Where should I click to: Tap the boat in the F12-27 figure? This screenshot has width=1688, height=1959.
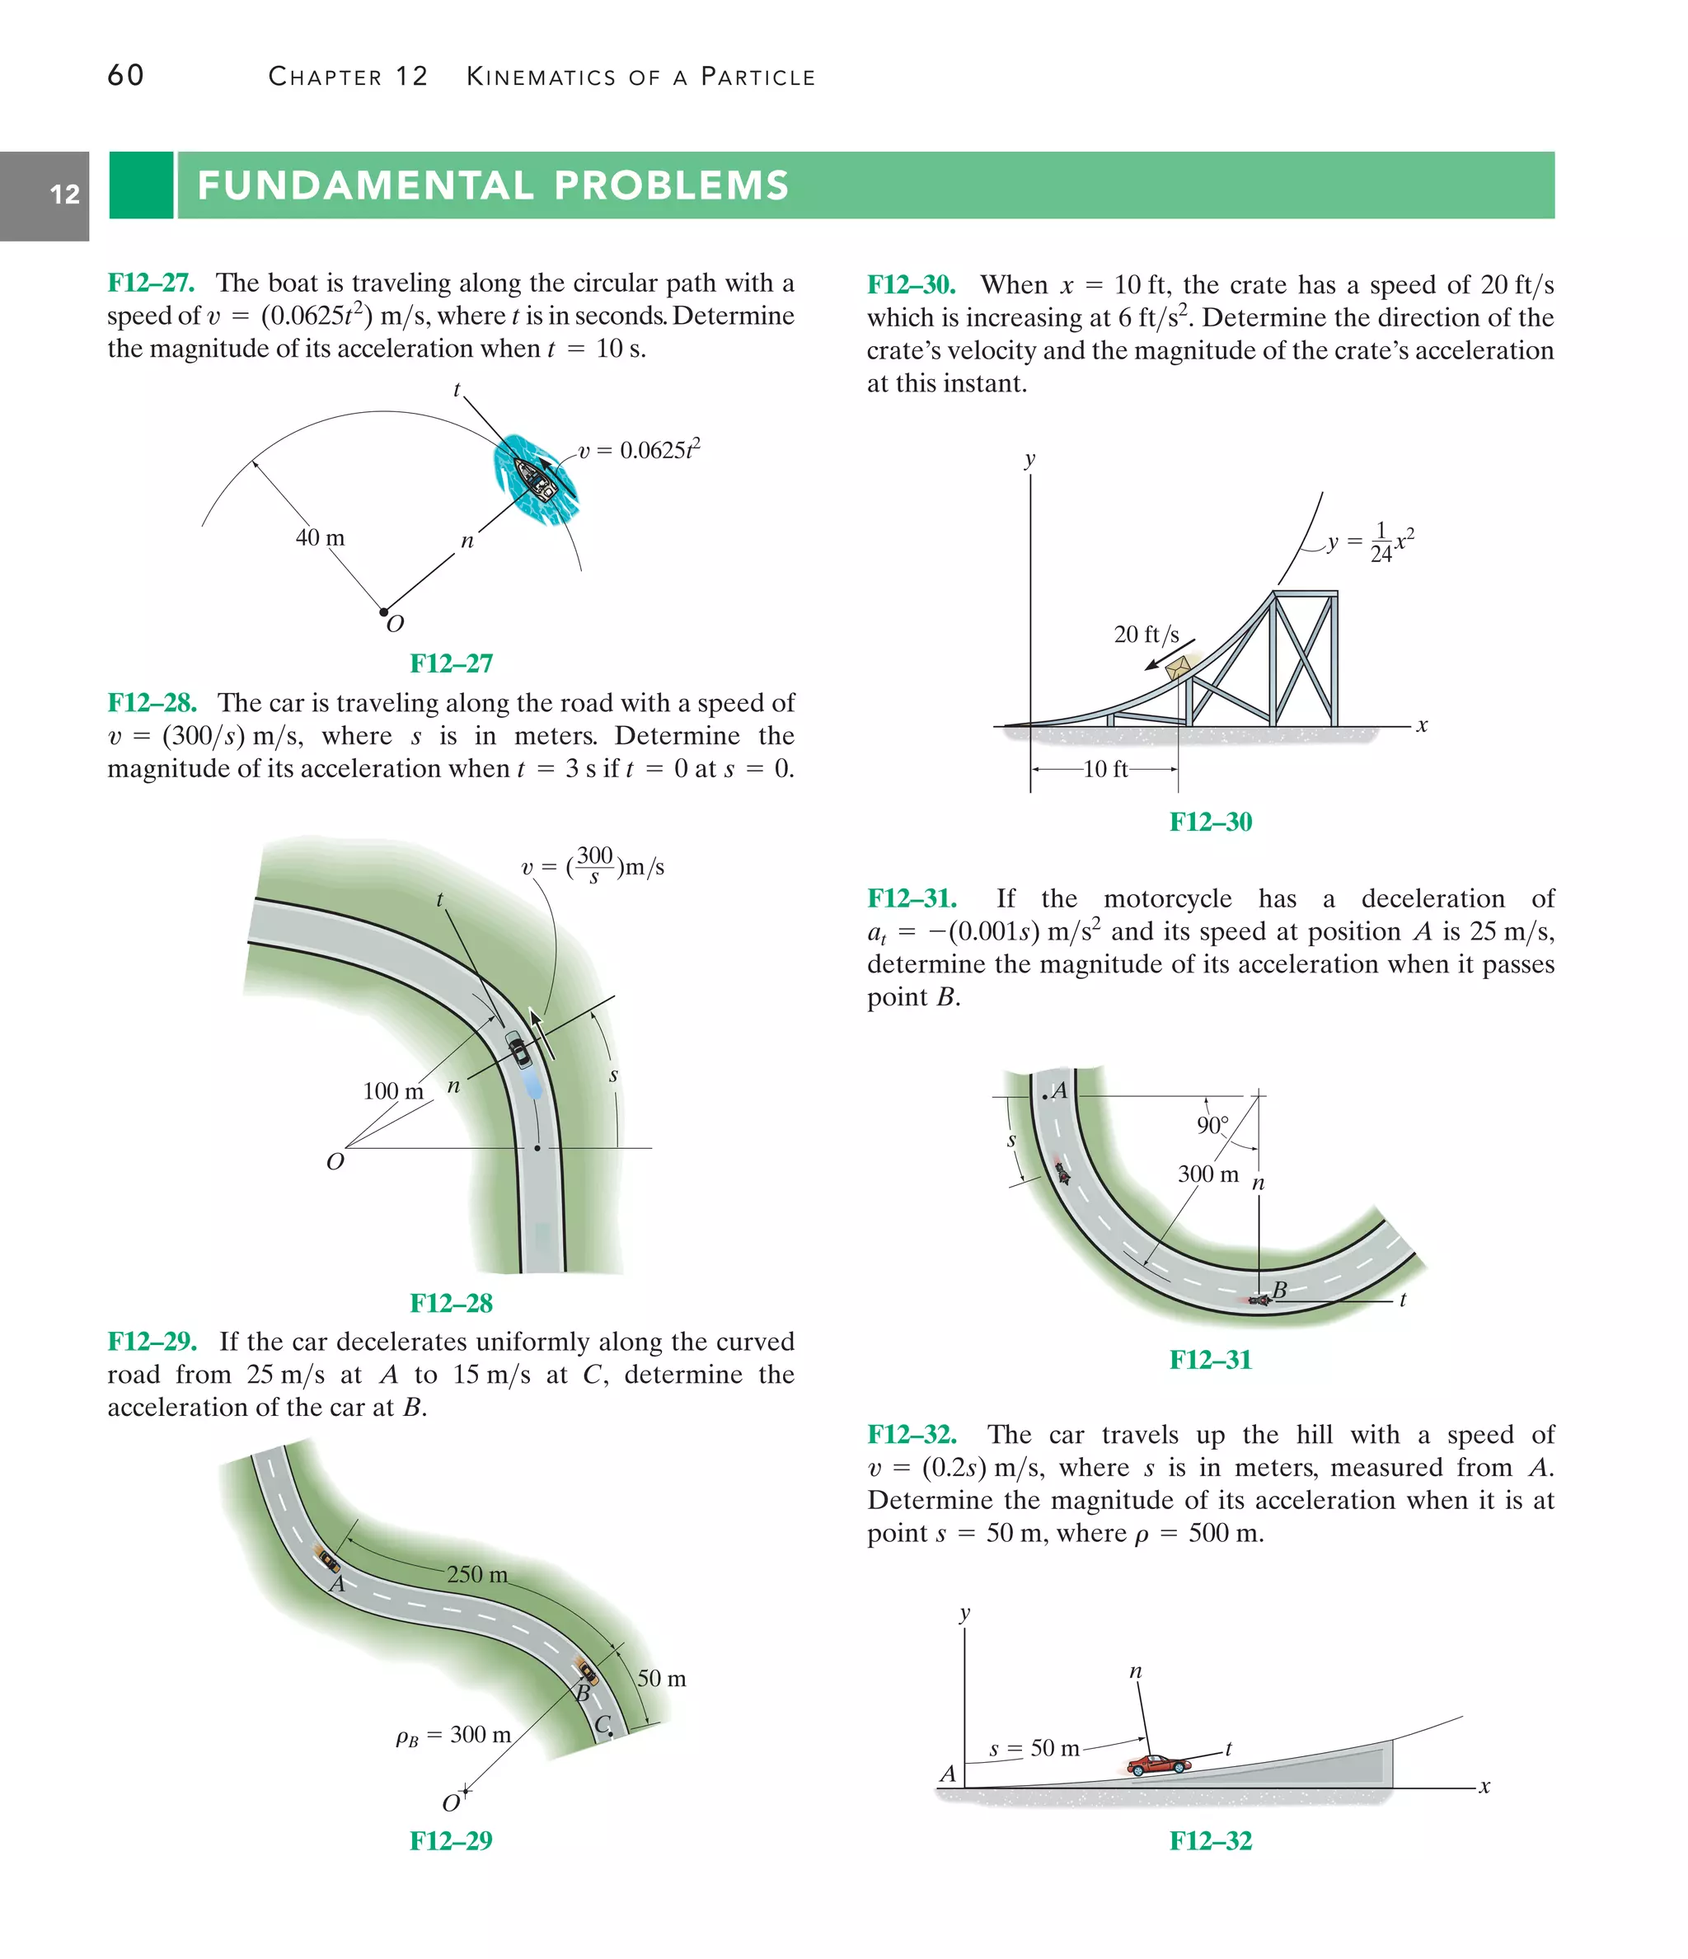(535, 477)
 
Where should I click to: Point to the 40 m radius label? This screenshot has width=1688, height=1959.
(320, 538)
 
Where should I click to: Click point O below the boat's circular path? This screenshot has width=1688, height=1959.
(384, 612)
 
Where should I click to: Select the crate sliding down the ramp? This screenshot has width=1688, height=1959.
(1179, 668)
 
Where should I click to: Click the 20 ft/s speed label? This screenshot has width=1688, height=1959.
(1146, 635)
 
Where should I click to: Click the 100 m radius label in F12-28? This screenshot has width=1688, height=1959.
(392, 1091)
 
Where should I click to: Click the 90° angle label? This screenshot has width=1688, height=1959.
(1212, 1125)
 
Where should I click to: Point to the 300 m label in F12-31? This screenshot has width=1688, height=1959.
(1207, 1174)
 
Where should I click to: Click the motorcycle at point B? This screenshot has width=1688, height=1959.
(1259, 1301)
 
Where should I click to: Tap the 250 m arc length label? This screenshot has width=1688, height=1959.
(476, 1574)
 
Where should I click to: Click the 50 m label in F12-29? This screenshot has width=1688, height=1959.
(661, 1678)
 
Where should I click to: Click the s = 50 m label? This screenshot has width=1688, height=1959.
(1034, 1748)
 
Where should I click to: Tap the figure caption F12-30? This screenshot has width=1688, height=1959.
(1211, 822)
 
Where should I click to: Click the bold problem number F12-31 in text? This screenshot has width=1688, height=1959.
(912, 898)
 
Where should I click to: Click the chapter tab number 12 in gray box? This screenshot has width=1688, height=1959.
(64, 194)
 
